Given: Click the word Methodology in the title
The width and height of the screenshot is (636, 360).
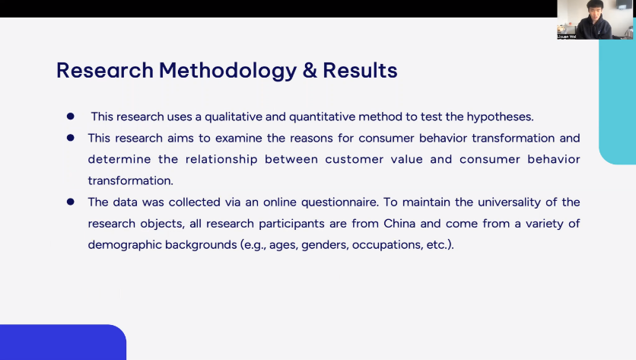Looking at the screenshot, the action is pos(227,72).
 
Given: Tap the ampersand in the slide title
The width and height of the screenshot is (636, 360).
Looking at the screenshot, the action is pos(310,70).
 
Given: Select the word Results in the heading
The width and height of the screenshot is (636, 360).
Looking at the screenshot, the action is pos(360,70).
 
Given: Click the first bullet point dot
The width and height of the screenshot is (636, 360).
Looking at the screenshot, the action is pos(71,116).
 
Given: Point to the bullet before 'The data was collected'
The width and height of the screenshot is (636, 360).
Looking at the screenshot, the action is pos(71,202).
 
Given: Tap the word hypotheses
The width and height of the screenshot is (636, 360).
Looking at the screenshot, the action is pos(500,117).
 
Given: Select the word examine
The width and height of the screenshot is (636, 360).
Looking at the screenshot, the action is pos(239,138).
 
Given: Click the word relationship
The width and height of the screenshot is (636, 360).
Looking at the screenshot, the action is pos(221,160).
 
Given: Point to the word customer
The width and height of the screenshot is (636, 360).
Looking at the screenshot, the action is pos(354,160).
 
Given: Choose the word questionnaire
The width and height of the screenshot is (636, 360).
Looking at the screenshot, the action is pos(340,202).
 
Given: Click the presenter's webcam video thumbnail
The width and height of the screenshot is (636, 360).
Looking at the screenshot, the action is pos(594,20).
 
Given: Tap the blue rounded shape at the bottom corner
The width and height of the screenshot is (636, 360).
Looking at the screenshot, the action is pos(63,342).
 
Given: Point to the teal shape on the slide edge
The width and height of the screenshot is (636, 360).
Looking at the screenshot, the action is pos(617,101).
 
